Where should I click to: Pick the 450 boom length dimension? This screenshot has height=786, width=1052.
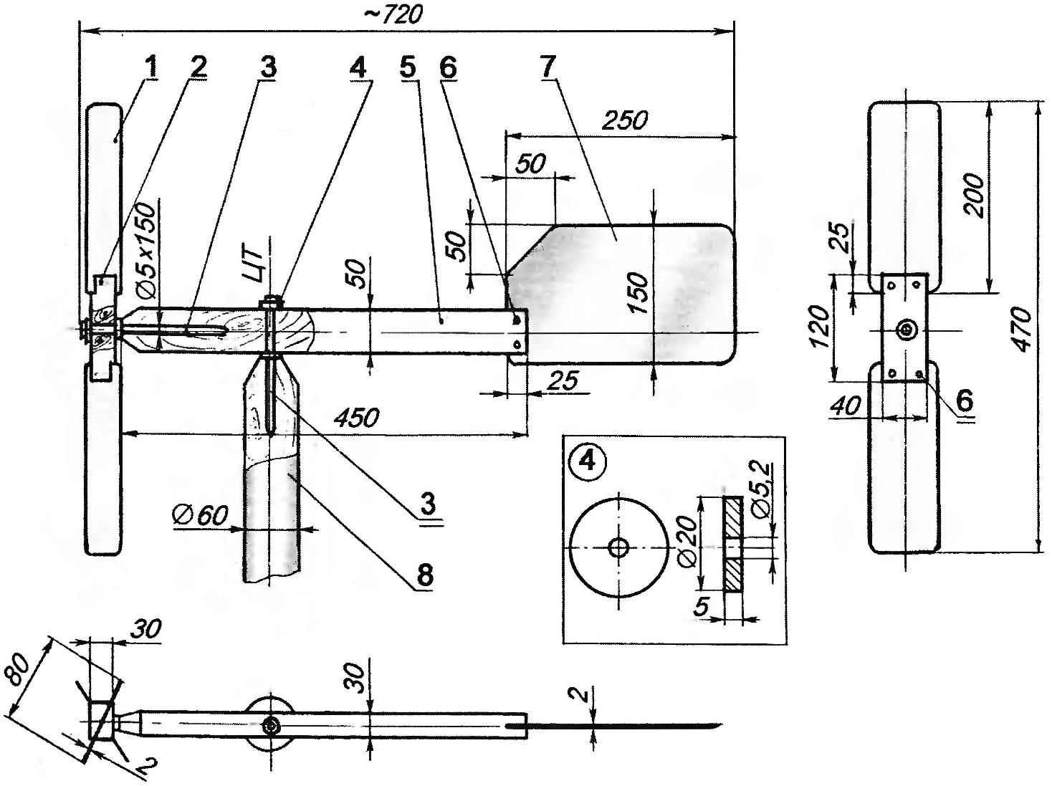point(356,417)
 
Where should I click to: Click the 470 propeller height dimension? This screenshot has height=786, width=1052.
point(1024,328)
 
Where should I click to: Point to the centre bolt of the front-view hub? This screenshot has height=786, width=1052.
point(907,330)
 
